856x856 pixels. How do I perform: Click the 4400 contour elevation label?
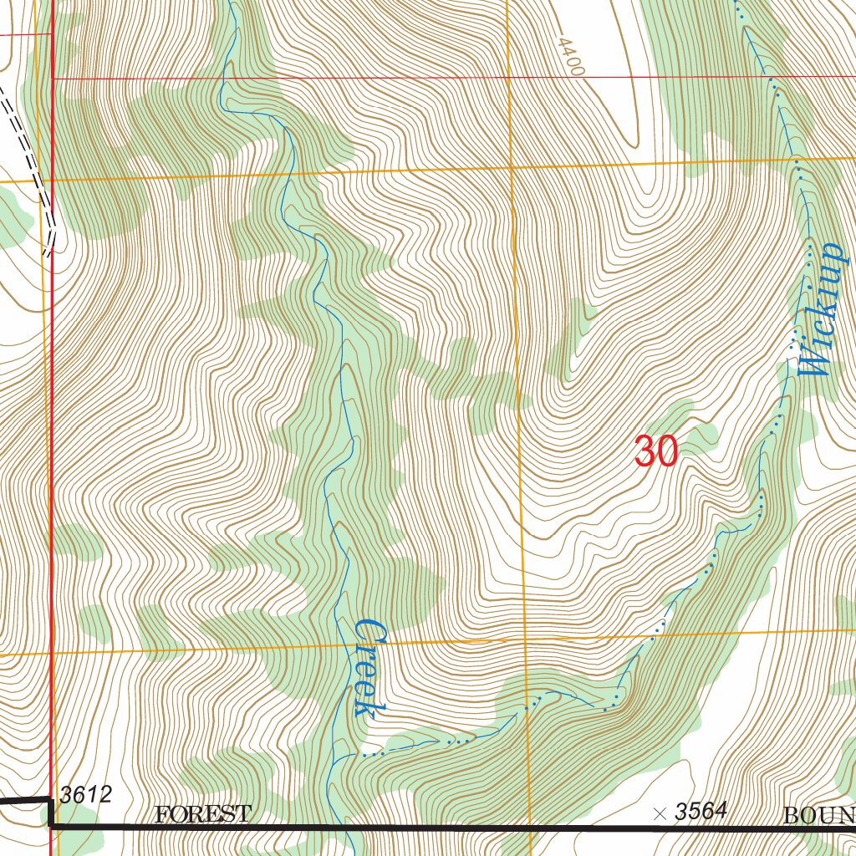coord(568,56)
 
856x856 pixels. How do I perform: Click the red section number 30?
coord(655,452)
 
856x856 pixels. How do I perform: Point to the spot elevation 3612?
coord(85,794)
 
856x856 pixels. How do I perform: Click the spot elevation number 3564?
coord(701,811)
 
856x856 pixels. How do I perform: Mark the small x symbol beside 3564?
coord(660,813)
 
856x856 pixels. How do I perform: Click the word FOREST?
coord(202,813)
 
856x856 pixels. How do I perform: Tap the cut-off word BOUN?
coord(818,815)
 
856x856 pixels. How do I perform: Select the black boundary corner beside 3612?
coord(51,823)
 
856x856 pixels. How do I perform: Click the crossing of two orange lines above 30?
coord(512,168)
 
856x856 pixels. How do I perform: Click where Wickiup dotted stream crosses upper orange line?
coord(795,157)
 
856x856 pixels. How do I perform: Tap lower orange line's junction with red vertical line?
coord(52,653)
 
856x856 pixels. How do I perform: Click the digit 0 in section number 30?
coord(666,452)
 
